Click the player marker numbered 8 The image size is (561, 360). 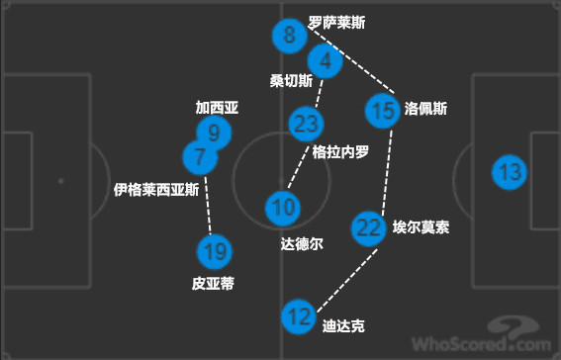click(x=289, y=38)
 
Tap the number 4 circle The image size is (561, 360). click(x=325, y=61)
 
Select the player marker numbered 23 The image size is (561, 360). click(x=307, y=124)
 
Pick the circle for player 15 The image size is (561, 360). click(x=383, y=110)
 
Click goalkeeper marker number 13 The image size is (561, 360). click(x=511, y=173)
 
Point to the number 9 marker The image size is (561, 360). click(x=214, y=133)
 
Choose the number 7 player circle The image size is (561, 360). click(x=201, y=156)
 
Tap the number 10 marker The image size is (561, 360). click(x=282, y=208)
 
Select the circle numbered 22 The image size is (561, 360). click(x=369, y=227)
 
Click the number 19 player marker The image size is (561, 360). click(x=213, y=252)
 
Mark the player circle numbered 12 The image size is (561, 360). click(x=297, y=317)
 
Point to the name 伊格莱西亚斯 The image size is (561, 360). click(x=157, y=188)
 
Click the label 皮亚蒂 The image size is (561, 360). click(x=213, y=284)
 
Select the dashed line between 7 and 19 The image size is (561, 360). click(x=208, y=205)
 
